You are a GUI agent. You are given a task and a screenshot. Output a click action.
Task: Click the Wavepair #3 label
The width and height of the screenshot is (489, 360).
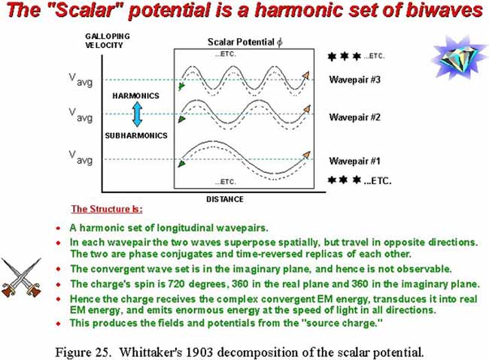coord(354,80)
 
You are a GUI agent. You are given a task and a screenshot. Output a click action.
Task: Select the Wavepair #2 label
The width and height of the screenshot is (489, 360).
coord(354,117)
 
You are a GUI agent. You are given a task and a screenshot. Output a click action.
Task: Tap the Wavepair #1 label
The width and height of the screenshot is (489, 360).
coord(354,161)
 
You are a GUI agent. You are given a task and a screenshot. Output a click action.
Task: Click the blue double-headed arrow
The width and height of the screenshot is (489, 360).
coord(137,114)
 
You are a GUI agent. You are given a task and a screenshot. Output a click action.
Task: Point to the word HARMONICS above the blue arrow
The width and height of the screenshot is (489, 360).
coord(136,95)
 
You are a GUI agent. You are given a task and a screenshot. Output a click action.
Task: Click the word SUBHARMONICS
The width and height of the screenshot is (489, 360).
coord(136,135)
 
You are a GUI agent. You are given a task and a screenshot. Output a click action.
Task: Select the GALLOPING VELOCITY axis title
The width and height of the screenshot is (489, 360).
coord(108,41)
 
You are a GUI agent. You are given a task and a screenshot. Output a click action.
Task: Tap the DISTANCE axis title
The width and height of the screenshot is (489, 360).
coord(225,199)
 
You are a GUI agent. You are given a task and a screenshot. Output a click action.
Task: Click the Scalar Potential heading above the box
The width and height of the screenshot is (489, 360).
coord(245,42)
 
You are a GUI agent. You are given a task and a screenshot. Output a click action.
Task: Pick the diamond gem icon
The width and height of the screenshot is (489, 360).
coord(458,57)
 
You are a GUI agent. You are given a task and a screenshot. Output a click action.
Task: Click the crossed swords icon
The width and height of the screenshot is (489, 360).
coord(21,277)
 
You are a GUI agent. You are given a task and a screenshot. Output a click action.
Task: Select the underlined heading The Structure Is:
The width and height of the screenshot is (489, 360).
coord(107,209)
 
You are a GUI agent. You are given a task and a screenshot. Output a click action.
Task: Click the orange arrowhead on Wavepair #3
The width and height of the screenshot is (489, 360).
coord(305,75)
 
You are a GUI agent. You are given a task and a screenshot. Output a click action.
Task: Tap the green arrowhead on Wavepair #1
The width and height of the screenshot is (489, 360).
coord(181,164)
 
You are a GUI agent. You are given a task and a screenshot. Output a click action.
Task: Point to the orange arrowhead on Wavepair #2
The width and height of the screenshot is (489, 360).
coord(307,109)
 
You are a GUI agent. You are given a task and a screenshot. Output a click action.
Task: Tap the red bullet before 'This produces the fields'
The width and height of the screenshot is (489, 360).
coord(59,323)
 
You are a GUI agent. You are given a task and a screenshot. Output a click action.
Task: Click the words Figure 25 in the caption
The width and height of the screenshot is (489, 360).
coord(83,352)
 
